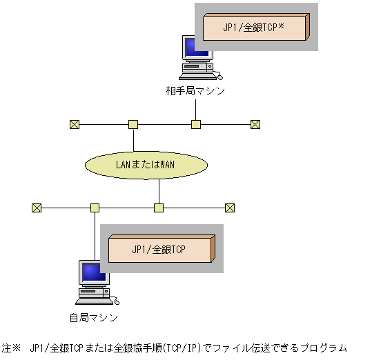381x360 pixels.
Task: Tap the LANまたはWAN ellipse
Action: tap(146, 165)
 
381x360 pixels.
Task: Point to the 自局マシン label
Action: tap(94, 318)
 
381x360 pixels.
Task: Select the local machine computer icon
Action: tap(94, 283)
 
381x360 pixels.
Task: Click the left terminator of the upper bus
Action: tap(74, 124)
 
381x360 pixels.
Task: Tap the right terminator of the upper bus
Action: tap(255, 124)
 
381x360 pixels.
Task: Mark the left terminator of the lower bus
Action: tap(37, 207)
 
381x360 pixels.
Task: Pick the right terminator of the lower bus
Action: tap(230, 207)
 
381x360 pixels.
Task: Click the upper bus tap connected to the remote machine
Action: tap(196, 124)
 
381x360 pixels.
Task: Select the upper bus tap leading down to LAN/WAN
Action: tap(133, 124)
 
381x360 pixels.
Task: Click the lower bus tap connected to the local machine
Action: tap(95, 207)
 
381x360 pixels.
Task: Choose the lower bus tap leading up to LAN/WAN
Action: tap(159, 207)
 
